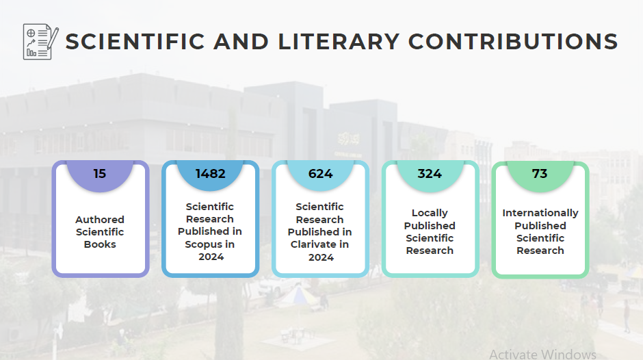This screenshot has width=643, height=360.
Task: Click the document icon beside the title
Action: pyautogui.click(x=40, y=42)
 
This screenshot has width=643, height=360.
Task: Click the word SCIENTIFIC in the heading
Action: pyautogui.click(x=135, y=42)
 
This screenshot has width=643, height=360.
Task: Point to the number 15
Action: pyautogui.click(x=100, y=174)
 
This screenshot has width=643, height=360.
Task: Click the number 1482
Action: pyautogui.click(x=210, y=174)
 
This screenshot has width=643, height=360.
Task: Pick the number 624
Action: pyautogui.click(x=320, y=174)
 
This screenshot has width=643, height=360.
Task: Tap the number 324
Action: pyautogui.click(x=430, y=174)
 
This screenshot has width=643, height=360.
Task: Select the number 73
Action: pyautogui.click(x=540, y=174)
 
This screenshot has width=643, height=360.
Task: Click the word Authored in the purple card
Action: pyautogui.click(x=100, y=220)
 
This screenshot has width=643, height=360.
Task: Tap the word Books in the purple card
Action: pyautogui.click(x=100, y=244)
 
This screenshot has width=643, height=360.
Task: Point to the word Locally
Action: pyautogui.click(x=430, y=213)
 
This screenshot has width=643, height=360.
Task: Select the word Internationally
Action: pyautogui.click(x=540, y=213)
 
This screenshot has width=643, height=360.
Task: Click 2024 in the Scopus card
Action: pyautogui.click(x=210, y=257)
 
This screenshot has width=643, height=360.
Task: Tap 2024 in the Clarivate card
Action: pyautogui.click(x=320, y=257)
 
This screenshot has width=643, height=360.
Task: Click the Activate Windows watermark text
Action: pyautogui.click(x=542, y=354)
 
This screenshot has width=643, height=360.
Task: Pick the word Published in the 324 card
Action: pyautogui.click(x=430, y=226)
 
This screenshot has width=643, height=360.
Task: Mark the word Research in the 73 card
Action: pyautogui.click(x=540, y=250)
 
